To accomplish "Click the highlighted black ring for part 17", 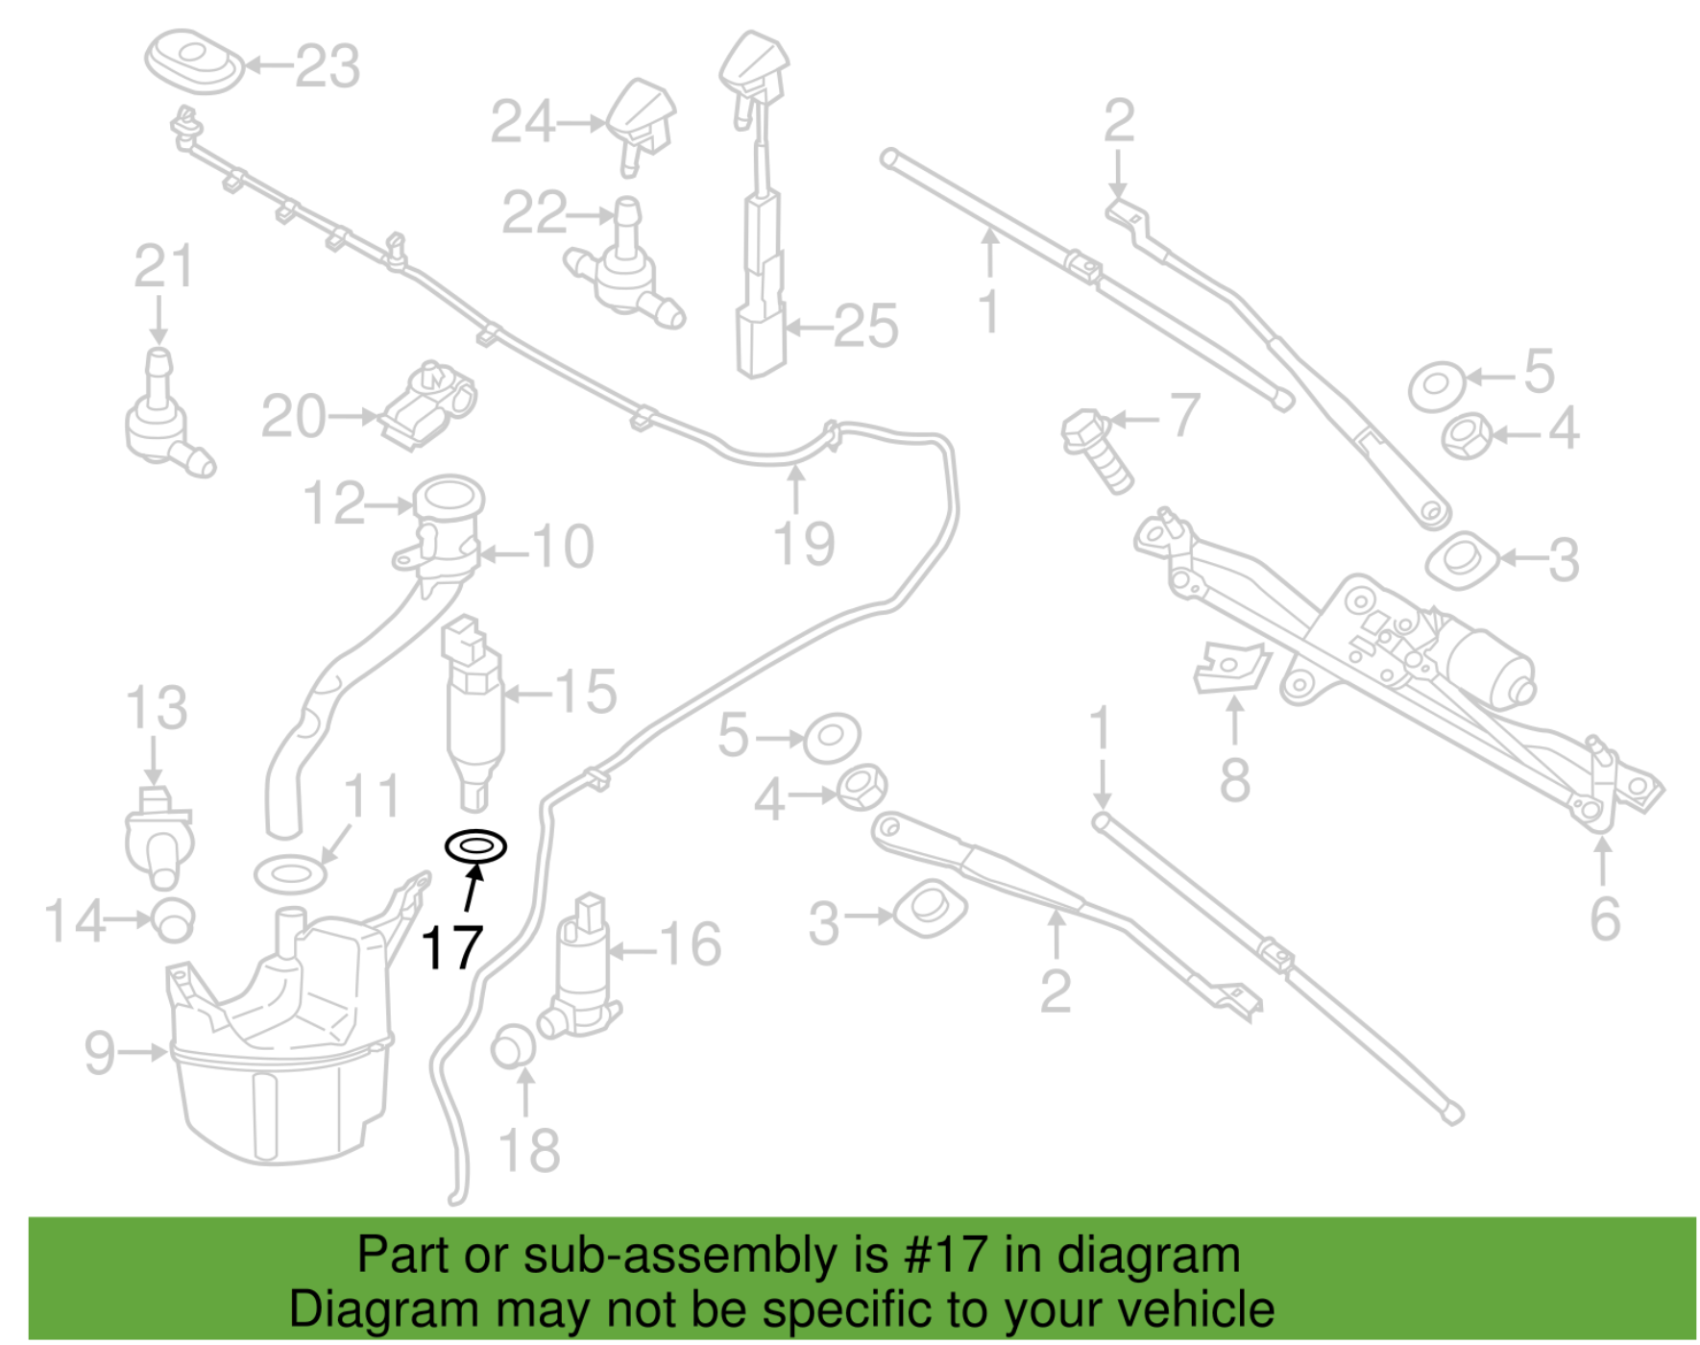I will (474, 846).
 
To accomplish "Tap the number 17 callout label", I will (451, 948).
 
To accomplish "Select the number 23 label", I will (328, 66).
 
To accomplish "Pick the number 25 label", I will (865, 327).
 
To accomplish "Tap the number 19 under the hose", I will (804, 545).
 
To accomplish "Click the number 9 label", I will (100, 1052).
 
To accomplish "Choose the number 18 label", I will (529, 1150).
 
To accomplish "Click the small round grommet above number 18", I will (513, 1047).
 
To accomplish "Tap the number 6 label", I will (1605, 918).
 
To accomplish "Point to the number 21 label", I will (163, 266).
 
